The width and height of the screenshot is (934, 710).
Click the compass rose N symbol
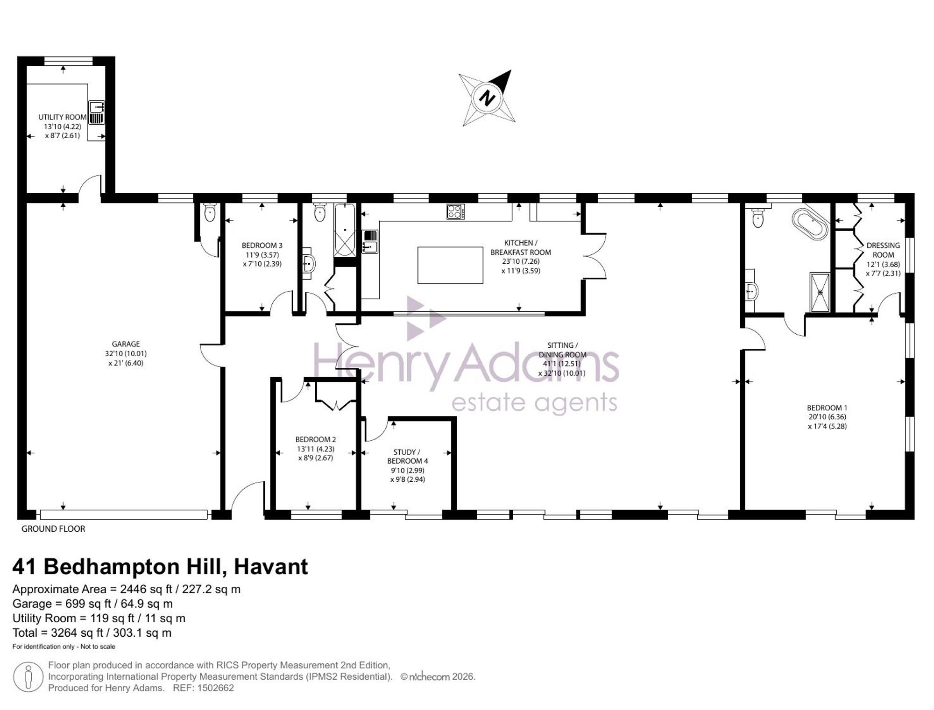tap(487, 98)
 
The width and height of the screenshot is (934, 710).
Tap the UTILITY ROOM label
tap(63, 117)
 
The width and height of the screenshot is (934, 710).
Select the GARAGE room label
tap(126, 344)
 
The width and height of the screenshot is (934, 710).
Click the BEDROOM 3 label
tap(262, 246)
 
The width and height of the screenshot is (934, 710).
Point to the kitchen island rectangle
tap(450, 265)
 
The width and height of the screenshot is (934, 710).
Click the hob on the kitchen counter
tap(455, 211)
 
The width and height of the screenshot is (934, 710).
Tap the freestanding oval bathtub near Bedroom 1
tap(810, 224)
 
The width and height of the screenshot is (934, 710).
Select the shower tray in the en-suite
tap(820, 292)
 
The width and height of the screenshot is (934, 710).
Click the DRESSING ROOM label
tap(883, 250)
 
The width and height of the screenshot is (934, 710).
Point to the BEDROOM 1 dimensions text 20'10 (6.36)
tap(828, 417)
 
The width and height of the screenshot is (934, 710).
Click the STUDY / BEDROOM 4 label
tap(407, 457)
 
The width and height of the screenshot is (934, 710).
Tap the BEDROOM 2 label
tap(316, 440)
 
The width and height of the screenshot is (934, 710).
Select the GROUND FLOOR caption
tap(53, 529)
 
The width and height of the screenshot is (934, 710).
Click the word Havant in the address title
tap(271, 567)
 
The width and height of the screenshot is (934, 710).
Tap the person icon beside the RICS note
tap(28, 677)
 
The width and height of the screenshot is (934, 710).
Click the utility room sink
tap(97, 112)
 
